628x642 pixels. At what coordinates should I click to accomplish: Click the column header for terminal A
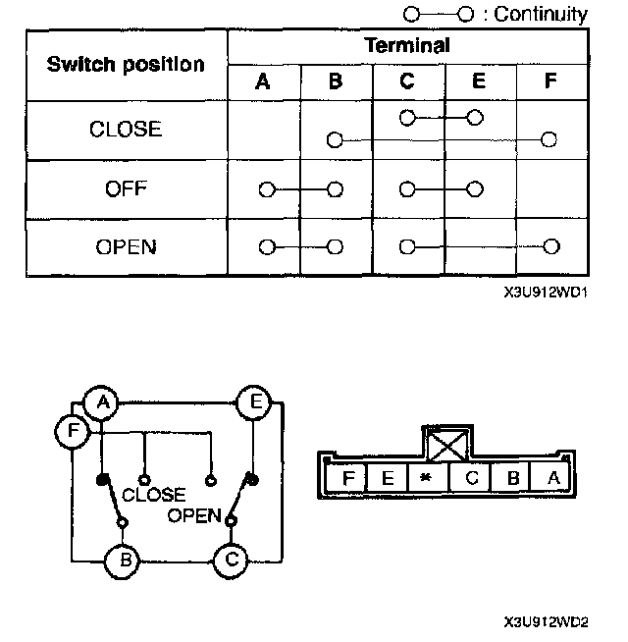[x=263, y=82]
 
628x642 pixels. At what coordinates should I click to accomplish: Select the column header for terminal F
[x=549, y=82]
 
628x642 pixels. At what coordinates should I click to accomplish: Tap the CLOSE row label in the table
[x=126, y=129]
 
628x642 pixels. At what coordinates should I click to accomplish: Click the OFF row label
[x=126, y=188]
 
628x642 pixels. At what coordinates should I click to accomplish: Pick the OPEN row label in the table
[x=126, y=246]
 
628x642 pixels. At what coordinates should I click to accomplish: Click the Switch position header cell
[x=126, y=64]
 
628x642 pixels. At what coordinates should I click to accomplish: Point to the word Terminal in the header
[x=407, y=45]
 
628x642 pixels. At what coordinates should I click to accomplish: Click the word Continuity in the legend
[x=541, y=14]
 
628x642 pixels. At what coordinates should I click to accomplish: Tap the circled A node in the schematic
[x=100, y=403]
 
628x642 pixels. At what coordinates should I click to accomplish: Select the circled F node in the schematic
[x=72, y=432]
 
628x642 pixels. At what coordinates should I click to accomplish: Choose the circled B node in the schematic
[x=123, y=561]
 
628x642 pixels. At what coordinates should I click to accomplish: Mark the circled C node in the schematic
[x=232, y=561]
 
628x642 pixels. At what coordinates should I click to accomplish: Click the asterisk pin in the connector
[x=426, y=478]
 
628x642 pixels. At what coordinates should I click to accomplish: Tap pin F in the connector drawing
[x=347, y=478]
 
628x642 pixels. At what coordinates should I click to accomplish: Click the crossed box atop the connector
[x=446, y=445]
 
